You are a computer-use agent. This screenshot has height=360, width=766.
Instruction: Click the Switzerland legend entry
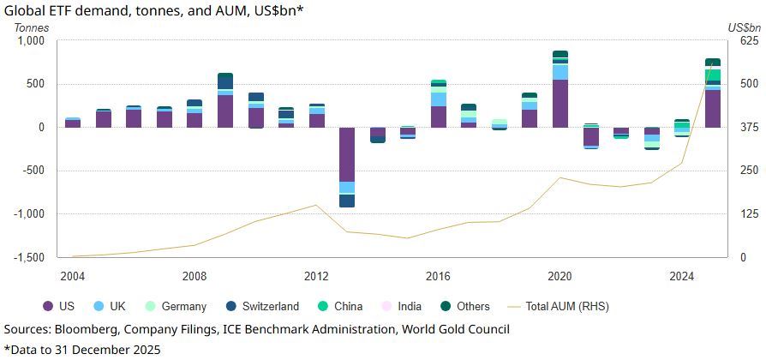262,306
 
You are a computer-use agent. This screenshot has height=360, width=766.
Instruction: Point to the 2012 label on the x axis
317,276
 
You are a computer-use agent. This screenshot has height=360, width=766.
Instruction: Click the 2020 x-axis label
560,276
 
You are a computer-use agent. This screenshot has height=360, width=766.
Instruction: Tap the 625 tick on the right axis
750,40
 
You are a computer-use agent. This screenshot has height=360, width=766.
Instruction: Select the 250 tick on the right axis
750,171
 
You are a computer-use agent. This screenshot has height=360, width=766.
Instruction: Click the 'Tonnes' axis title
32,27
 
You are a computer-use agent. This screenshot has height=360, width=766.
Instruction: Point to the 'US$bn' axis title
744,27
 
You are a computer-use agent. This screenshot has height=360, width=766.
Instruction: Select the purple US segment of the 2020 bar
560,103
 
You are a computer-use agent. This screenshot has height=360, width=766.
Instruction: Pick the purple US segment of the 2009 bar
225,111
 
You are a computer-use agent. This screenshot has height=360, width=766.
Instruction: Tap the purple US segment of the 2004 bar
73,123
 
